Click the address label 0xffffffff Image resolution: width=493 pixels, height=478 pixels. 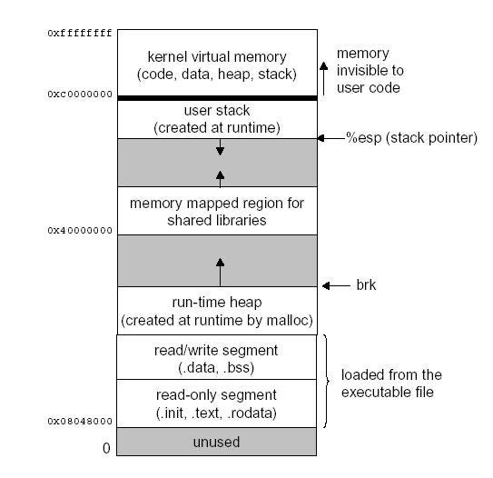click(x=80, y=33)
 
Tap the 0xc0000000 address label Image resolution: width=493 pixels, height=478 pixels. click(x=80, y=95)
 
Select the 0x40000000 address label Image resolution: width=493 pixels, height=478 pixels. click(x=80, y=230)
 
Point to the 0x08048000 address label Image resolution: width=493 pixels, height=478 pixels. click(x=80, y=421)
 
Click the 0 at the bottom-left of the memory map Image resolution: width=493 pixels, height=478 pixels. click(x=106, y=448)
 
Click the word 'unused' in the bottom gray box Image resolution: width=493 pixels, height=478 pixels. click(x=216, y=442)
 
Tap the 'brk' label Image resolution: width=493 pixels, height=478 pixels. click(x=366, y=284)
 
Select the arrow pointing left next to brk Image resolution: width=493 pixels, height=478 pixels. click(x=336, y=285)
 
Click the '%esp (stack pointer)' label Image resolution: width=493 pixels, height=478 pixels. click(x=411, y=138)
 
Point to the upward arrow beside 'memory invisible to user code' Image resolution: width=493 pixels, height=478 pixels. click(x=324, y=78)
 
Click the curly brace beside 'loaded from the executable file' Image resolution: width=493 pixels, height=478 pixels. click(x=326, y=381)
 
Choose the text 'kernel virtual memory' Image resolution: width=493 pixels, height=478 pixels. click(x=217, y=57)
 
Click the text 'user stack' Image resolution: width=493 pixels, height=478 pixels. click(x=217, y=111)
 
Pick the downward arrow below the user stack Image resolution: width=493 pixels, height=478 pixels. click(x=220, y=147)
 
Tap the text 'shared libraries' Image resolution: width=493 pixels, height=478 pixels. click(x=217, y=220)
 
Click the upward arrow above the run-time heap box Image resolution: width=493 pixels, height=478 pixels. click(x=220, y=273)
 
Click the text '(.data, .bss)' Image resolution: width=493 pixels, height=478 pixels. click(x=216, y=367)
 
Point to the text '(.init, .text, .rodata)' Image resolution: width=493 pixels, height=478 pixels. click(x=216, y=413)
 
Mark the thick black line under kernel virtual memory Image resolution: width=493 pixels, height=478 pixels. click(x=217, y=98)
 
